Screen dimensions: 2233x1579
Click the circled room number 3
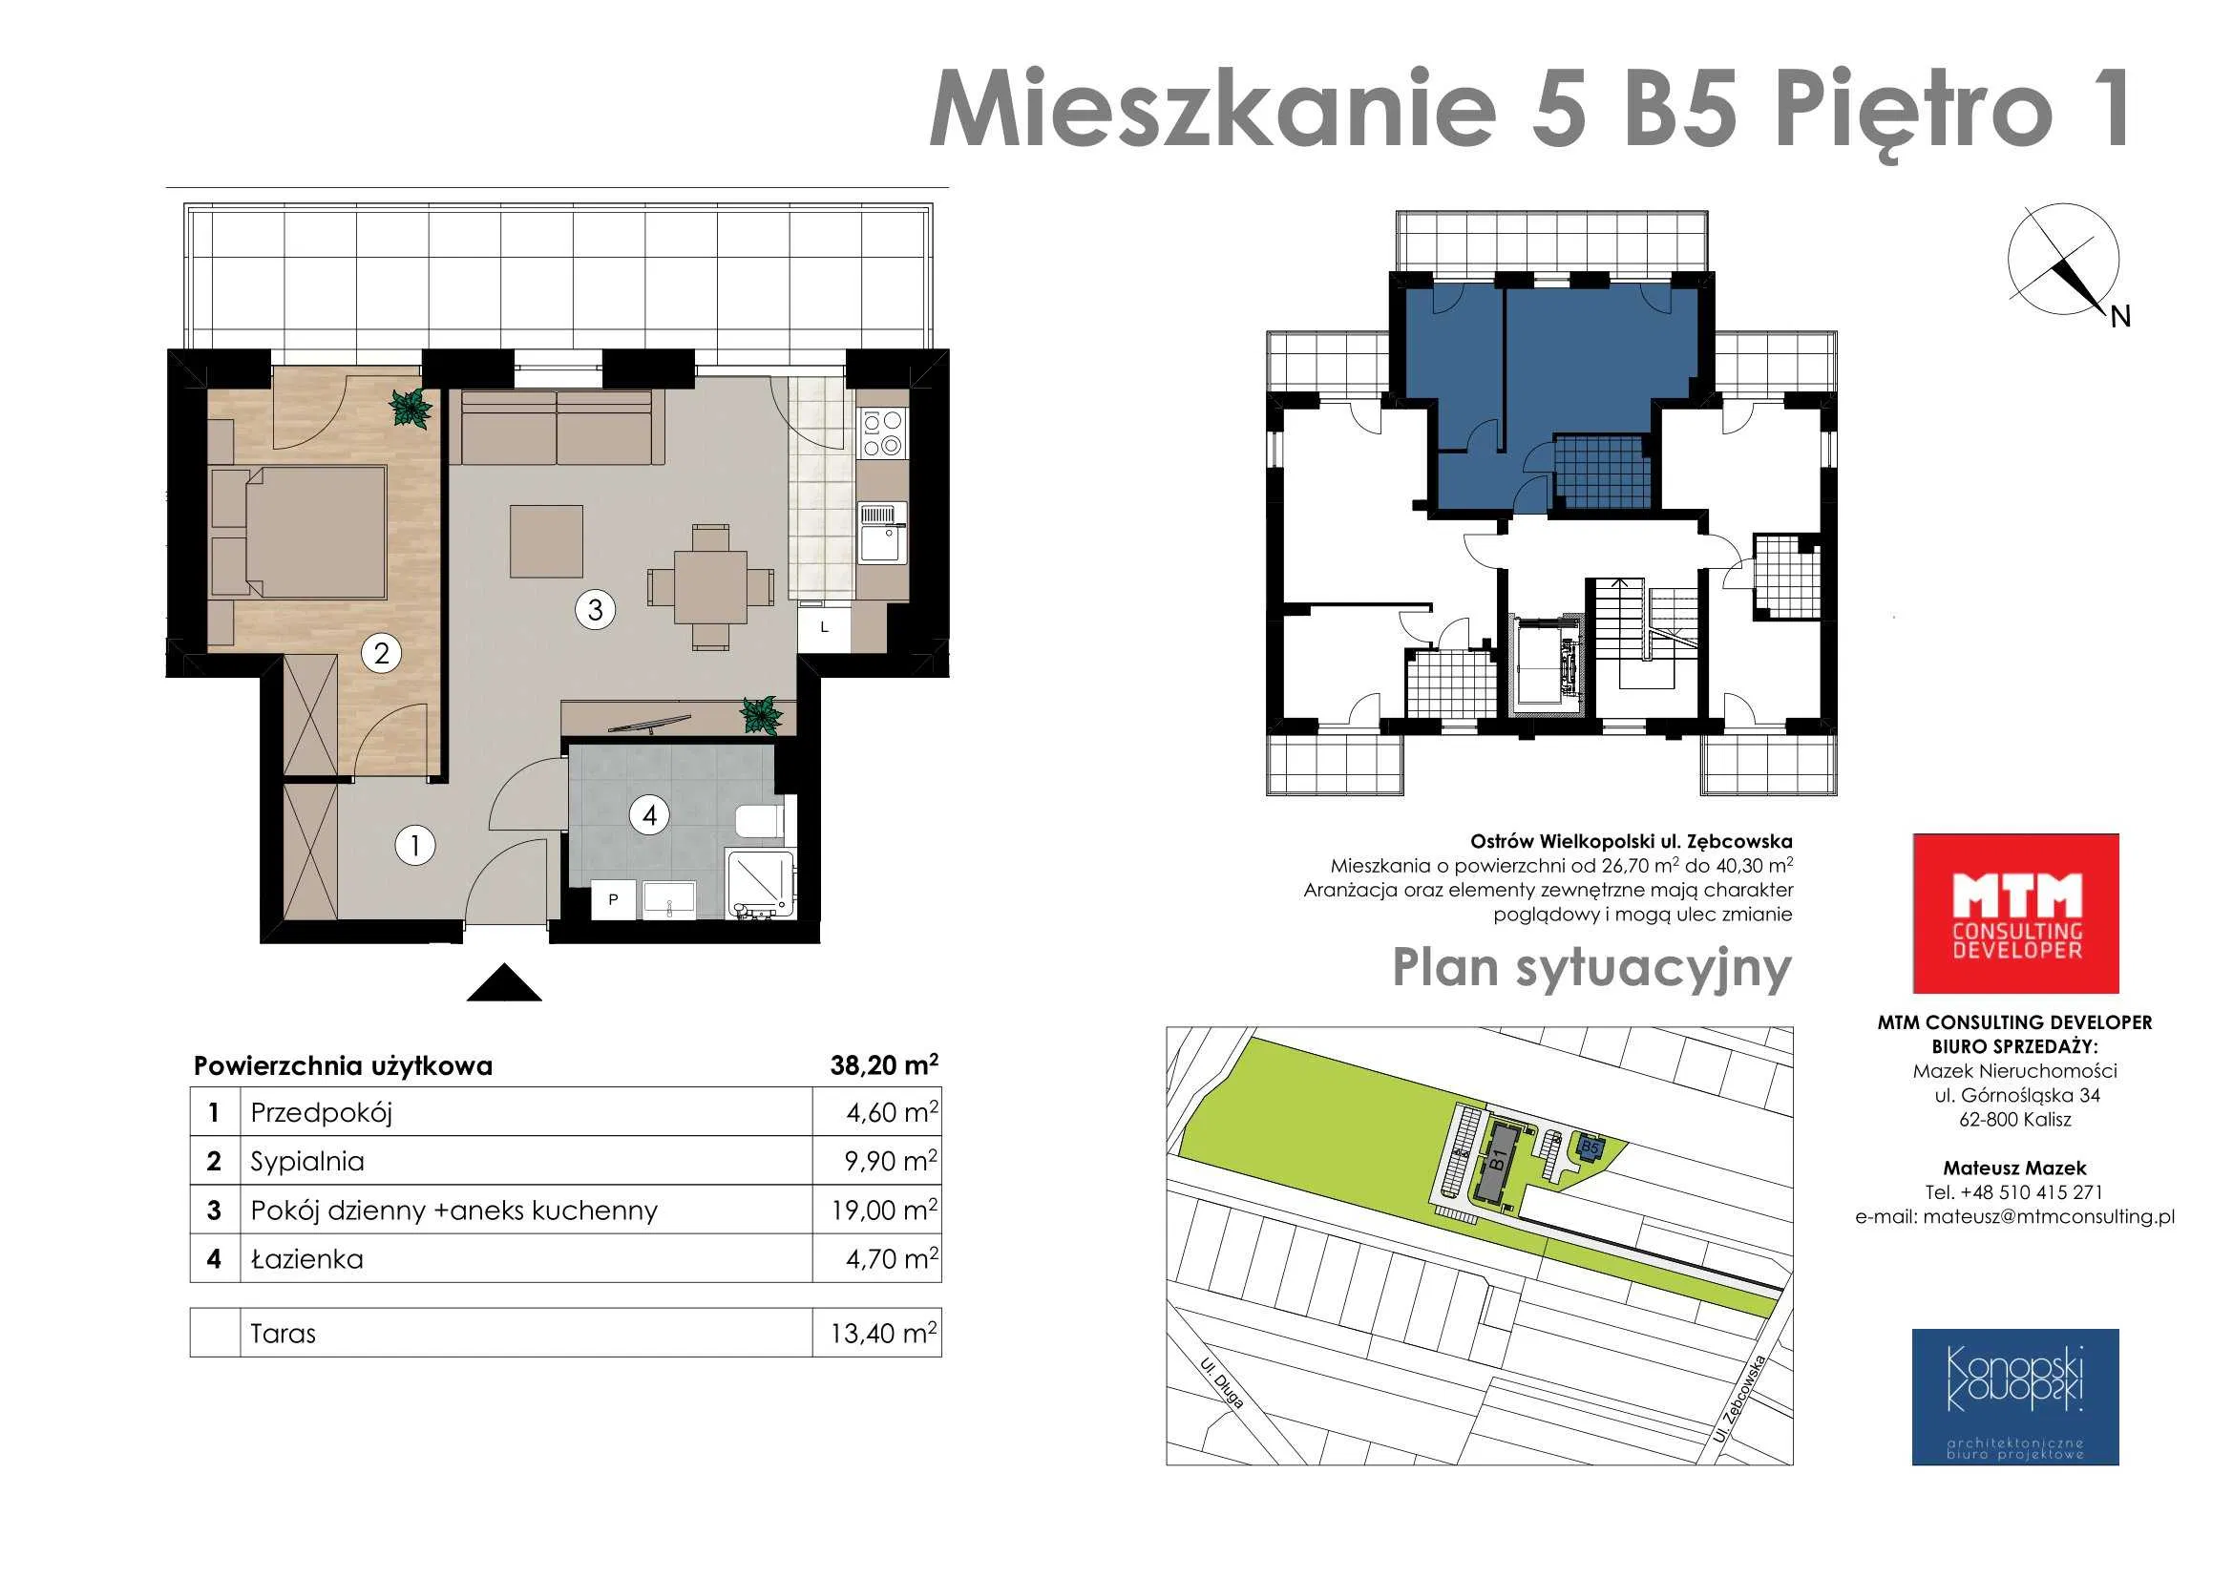(595, 610)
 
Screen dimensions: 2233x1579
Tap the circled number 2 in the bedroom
(381, 652)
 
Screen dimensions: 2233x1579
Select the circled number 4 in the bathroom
(650, 814)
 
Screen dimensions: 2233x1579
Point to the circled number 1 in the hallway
(415, 845)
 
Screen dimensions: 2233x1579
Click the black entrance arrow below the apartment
(504, 982)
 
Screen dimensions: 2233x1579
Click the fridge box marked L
(824, 627)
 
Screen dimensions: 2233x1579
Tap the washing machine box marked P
(614, 899)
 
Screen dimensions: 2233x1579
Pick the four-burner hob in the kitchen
(882, 432)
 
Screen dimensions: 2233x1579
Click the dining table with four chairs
(711, 586)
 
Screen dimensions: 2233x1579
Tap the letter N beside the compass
(2120, 316)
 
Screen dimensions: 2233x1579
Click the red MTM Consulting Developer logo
(2016, 913)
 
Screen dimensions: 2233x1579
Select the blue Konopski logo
(2015, 1398)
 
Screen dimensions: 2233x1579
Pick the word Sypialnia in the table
(307, 1162)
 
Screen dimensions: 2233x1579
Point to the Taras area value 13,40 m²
(884, 1333)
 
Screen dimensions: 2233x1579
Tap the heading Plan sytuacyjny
(1592, 969)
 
